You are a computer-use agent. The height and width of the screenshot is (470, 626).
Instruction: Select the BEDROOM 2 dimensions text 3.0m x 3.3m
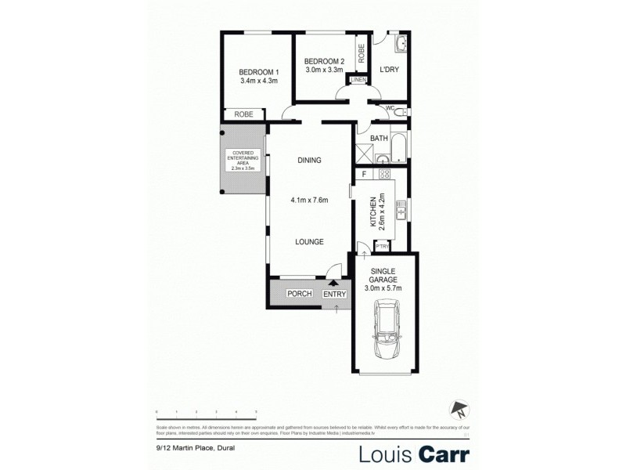click(x=324, y=70)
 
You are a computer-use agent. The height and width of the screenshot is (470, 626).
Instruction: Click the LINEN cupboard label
click(x=358, y=80)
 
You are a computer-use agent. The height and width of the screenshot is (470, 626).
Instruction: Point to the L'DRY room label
click(x=390, y=70)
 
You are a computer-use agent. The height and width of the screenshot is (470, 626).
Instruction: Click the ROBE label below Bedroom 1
click(x=243, y=114)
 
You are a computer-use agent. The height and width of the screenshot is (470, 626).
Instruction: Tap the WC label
click(x=388, y=108)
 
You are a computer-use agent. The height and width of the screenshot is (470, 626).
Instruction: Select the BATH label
click(x=379, y=139)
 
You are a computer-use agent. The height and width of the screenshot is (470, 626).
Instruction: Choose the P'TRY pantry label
click(x=383, y=247)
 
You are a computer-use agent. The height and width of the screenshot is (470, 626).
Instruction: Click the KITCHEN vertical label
click(x=373, y=210)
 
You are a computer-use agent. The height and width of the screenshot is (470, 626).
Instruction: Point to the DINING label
click(x=309, y=161)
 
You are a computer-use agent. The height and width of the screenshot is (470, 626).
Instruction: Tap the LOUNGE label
click(x=309, y=242)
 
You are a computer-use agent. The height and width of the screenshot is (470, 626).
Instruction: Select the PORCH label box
click(x=299, y=294)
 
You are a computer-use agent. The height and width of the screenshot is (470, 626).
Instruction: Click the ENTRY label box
click(x=334, y=294)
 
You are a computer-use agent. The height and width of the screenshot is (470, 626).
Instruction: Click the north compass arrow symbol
click(x=458, y=408)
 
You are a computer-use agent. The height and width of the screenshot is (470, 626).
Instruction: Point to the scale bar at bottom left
click(x=207, y=410)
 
